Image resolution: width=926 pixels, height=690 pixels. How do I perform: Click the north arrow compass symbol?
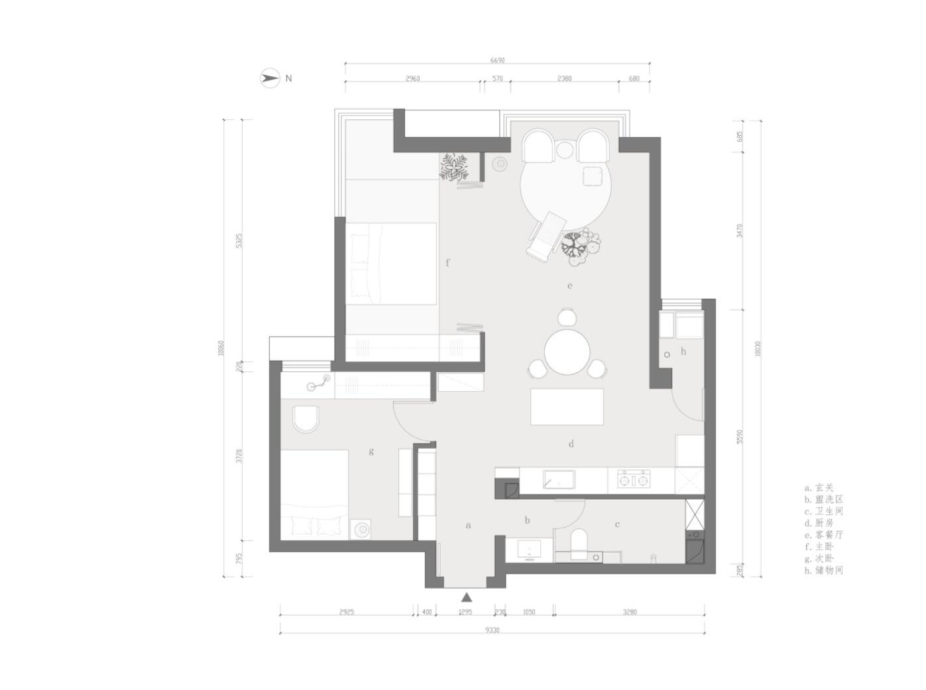coord(269,78)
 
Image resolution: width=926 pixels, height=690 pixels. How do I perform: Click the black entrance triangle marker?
coord(467,597)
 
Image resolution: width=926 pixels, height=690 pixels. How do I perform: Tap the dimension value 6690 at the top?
coord(497,60)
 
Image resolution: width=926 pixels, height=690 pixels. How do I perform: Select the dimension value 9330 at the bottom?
coord(492,630)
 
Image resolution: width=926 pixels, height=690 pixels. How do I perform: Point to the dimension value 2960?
coord(412,79)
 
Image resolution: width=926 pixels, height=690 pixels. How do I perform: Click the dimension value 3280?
coord(629,612)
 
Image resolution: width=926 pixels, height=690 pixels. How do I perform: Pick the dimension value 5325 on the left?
coord(239,240)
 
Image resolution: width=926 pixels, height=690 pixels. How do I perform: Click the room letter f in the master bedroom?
coord(447,263)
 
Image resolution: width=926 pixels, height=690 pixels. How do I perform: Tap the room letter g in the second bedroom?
coord(371,451)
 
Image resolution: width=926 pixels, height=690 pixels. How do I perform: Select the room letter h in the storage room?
coord(683,351)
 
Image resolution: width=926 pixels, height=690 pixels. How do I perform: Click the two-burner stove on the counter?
coord(634,479)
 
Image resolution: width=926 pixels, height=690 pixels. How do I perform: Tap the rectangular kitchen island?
coord(567,406)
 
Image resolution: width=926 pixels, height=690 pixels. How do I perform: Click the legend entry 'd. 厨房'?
coord(819,523)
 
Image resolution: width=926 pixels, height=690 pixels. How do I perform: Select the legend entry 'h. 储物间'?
coord(824,570)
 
